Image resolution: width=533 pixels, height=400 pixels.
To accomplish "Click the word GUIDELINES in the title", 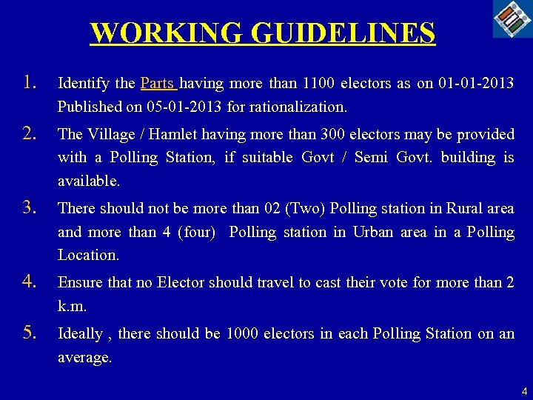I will click(343, 33).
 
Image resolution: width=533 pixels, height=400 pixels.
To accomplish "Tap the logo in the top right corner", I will click(512, 19).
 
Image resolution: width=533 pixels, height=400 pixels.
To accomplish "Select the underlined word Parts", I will click(157, 83).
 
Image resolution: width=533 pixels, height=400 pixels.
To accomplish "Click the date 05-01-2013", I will click(184, 107).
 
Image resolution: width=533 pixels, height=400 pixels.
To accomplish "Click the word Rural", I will click(456, 208).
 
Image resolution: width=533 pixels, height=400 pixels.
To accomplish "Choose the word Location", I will click(87, 255).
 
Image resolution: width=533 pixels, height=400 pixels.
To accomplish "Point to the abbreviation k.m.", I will click(73, 305).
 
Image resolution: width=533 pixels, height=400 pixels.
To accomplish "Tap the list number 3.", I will click(29, 207).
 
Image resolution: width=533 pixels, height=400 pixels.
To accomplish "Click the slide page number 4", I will click(524, 390).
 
